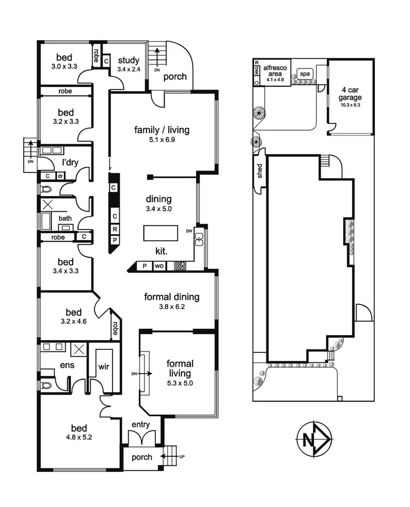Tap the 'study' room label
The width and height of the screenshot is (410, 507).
click(x=128, y=60)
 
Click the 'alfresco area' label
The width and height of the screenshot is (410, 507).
click(x=275, y=71)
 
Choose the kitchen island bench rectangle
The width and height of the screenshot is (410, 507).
click(x=162, y=233)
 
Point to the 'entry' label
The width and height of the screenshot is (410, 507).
click(x=142, y=424)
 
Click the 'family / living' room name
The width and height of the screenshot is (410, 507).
click(x=162, y=130)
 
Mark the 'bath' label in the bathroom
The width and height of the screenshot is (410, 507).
click(x=65, y=218)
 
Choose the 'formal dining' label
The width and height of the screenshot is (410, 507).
click(x=172, y=297)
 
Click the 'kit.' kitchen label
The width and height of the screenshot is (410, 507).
click(x=161, y=251)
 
